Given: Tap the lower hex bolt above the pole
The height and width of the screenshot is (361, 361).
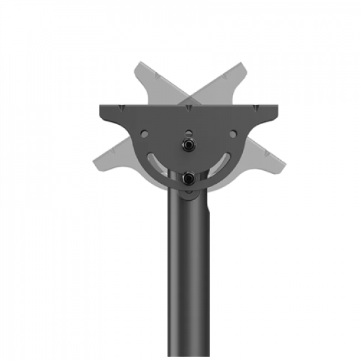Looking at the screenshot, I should pyautogui.click(x=188, y=177).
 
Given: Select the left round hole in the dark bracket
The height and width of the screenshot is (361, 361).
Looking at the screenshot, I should pyautogui.click(x=144, y=134).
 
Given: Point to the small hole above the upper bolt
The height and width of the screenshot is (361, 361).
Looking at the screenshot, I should pyautogui.click(x=188, y=130).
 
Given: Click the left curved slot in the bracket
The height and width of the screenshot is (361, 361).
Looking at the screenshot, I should pyautogui.click(x=158, y=161).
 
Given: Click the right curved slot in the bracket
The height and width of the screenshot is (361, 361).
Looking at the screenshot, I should pyautogui.click(x=219, y=161).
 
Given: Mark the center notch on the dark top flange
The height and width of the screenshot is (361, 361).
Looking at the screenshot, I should pyautogui.click(x=188, y=108).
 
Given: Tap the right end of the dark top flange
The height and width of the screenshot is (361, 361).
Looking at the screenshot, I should pyautogui.click(x=276, y=112).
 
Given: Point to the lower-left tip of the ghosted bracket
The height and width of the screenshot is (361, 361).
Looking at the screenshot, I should pyautogui.click(x=96, y=158).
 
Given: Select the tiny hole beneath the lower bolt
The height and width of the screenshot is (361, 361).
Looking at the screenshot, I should pyautogui.click(x=188, y=191).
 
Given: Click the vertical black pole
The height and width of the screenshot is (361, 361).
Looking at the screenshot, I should pyautogui.click(x=188, y=282).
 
